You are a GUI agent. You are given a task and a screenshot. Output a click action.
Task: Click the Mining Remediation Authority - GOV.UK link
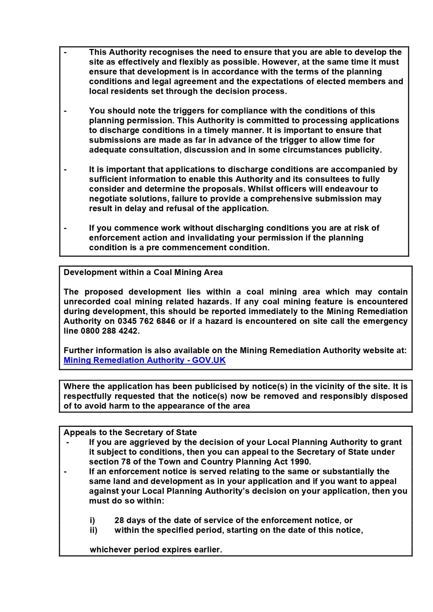[x=144, y=360]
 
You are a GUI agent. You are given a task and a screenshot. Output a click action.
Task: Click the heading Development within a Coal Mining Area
[x=143, y=272]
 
